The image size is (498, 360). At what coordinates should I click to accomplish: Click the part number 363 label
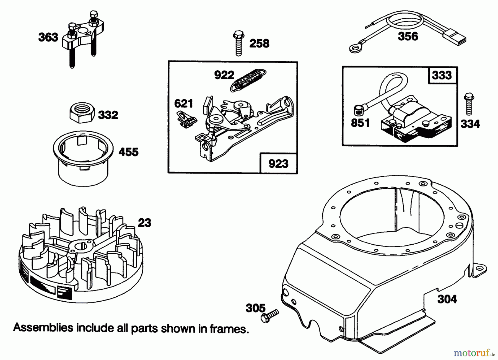point(48,37)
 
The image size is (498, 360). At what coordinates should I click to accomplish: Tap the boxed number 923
point(278,164)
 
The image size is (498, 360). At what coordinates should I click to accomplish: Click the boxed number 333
point(442,75)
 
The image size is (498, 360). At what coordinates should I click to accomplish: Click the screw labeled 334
point(469,104)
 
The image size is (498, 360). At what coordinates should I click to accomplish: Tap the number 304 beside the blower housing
point(447,299)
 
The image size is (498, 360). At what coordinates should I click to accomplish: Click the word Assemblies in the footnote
point(43,328)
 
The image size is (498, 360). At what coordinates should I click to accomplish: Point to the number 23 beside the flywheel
point(144,223)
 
